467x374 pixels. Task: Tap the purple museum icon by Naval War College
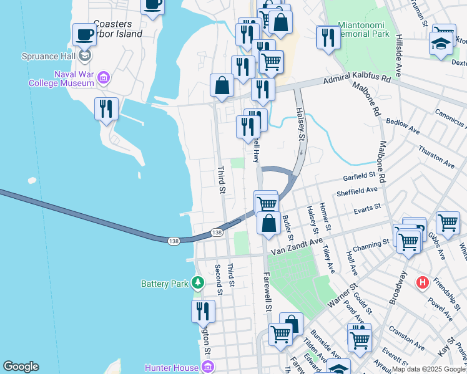(104, 78)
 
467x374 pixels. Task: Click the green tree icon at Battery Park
(198, 283)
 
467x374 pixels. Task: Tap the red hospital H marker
(423, 283)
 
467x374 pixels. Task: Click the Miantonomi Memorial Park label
(363, 29)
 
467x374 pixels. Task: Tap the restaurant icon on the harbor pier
(106, 108)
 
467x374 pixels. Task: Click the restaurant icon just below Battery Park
(203, 310)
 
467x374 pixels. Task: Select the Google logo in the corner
(21, 367)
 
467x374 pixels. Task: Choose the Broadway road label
(397, 287)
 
